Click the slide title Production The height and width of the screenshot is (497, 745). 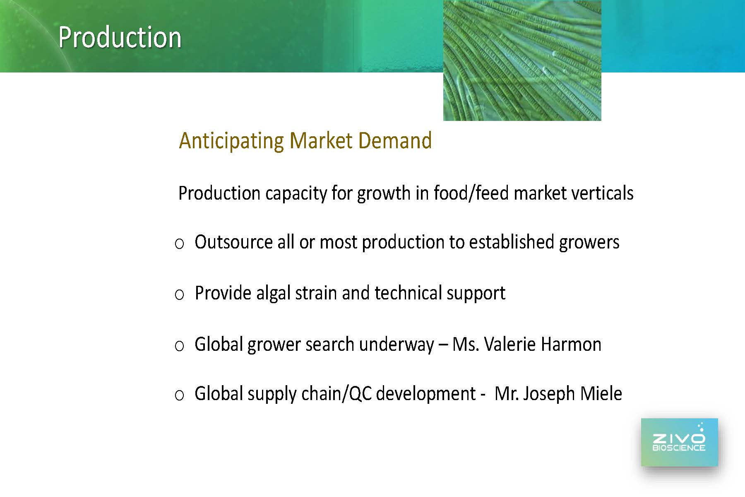pyautogui.click(x=120, y=37)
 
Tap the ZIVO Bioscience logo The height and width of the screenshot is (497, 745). pyautogui.click(x=679, y=442)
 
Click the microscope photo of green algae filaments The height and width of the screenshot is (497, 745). pyautogui.click(x=522, y=60)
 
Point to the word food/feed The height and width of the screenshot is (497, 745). pyautogui.click(x=471, y=193)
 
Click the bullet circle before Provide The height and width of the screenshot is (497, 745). pyautogui.click(x=179, y=295)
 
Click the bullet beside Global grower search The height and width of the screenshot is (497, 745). pyautogui.click(x=179, y=346)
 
